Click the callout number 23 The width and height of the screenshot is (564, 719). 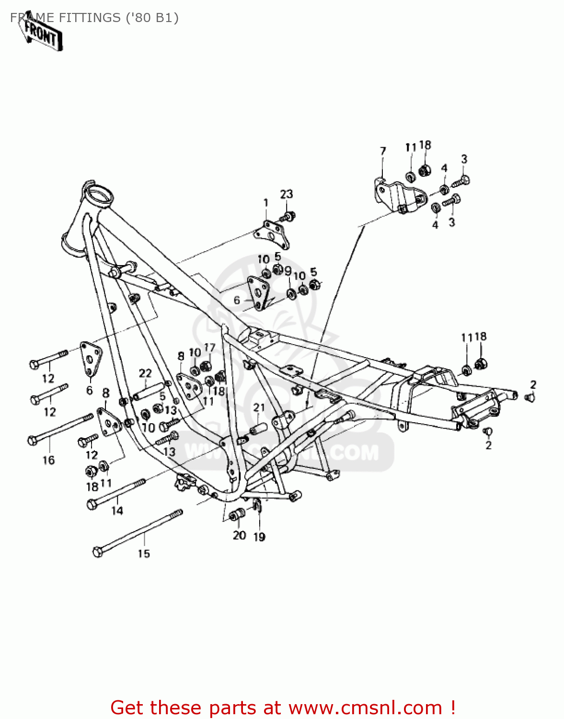point(287,194)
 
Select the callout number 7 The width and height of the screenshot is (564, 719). point(383,151)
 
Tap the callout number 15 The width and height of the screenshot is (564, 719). point(144,554)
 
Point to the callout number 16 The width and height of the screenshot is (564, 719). point(49,460)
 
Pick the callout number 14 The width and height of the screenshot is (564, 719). point(117,511)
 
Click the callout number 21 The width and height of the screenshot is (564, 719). point(259,408)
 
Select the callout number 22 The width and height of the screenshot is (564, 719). point(145,373)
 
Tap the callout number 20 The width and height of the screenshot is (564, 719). point(239,535)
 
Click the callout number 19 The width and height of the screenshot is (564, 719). point(259,537)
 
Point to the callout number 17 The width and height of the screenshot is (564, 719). point(209,348)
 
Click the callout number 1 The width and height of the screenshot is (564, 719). point(266,203)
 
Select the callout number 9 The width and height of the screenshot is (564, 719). point(288,271)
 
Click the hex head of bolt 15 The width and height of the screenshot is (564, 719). point(97,552)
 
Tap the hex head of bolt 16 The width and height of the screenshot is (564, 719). point(33,440)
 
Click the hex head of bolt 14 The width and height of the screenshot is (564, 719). point(92,504)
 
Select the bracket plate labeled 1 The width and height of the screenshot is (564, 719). point(272,234)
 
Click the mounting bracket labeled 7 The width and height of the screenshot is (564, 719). point(398,196)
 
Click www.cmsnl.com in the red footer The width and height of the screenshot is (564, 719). point(366,707)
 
